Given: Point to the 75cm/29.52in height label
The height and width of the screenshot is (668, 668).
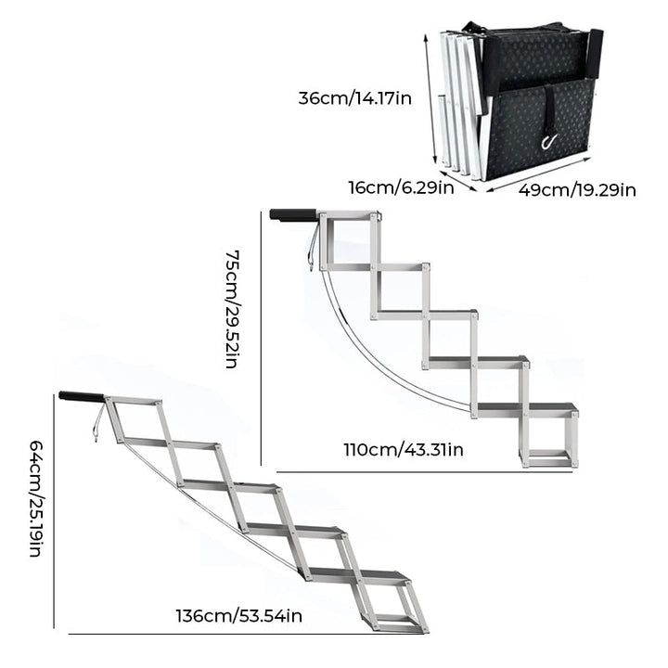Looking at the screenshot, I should pyautogui.click(x=232, y=308).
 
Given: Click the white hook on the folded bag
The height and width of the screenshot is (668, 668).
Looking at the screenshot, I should pyautogui.click(x=548, y=141).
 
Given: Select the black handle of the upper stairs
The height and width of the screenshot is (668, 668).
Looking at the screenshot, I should pyautogui.click(x=291, y=215).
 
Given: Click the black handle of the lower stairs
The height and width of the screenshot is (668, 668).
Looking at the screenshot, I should pyautogui.click(x=81, y=396).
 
